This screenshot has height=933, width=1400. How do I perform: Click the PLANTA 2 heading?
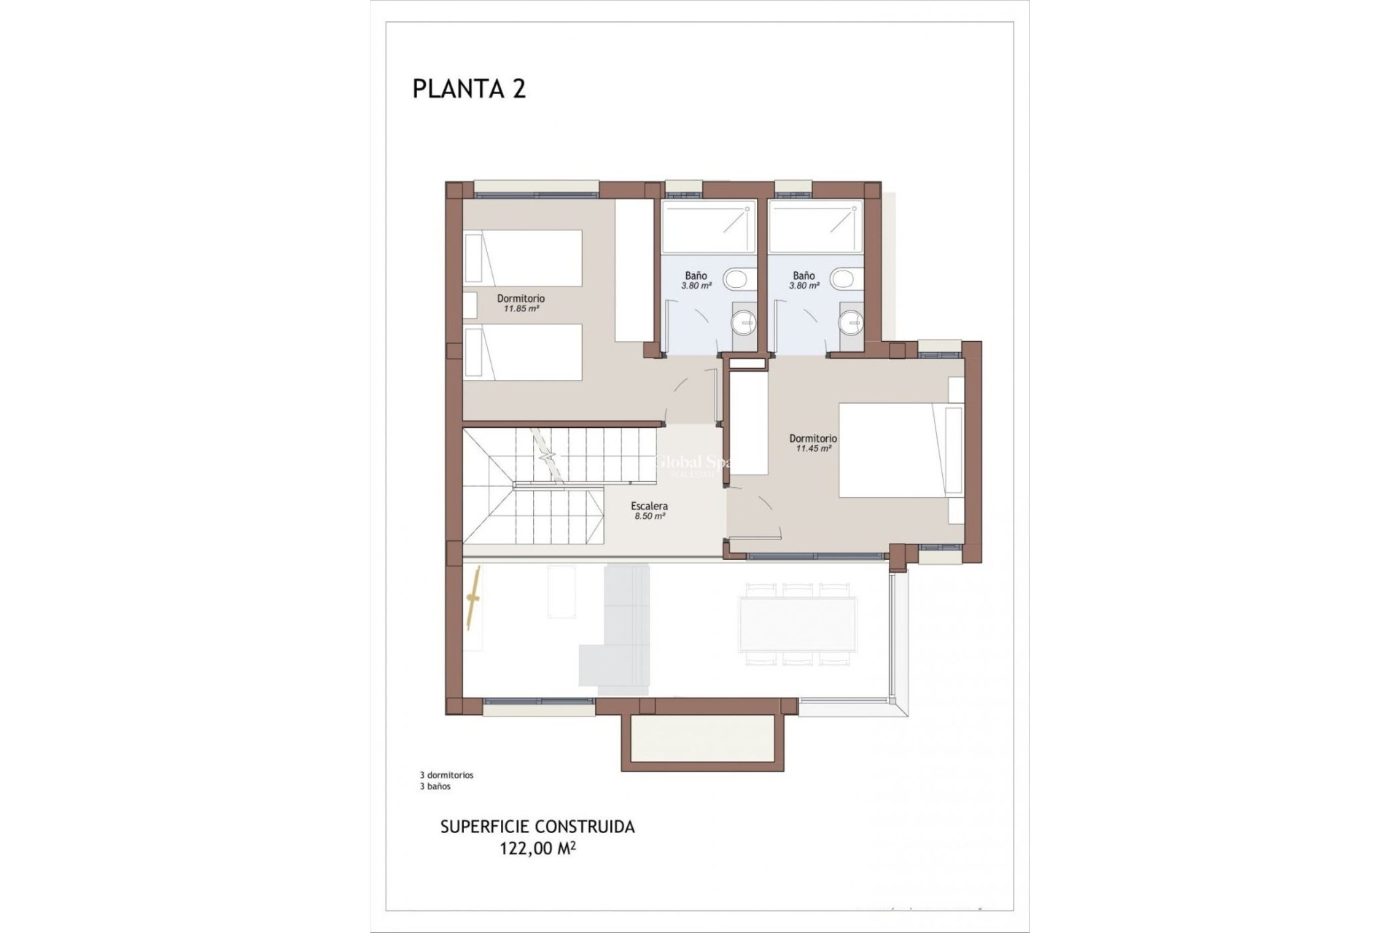(x=469, y=89)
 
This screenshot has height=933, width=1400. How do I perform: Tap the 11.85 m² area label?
(x=521, y=309)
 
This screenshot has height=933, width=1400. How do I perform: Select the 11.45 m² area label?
(x=813, y=449)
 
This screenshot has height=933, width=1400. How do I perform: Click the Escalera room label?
(x=649, y=506)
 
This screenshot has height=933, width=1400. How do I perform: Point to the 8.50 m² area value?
(x=649, y=516)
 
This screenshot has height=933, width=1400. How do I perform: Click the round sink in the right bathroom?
(x=851, y=321)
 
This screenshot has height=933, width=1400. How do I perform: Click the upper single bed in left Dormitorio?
(x=524, y=258)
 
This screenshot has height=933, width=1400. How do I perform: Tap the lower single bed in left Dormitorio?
(x=524, y=352)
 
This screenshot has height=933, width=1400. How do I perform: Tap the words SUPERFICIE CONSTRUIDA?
(x=537, y=827)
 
